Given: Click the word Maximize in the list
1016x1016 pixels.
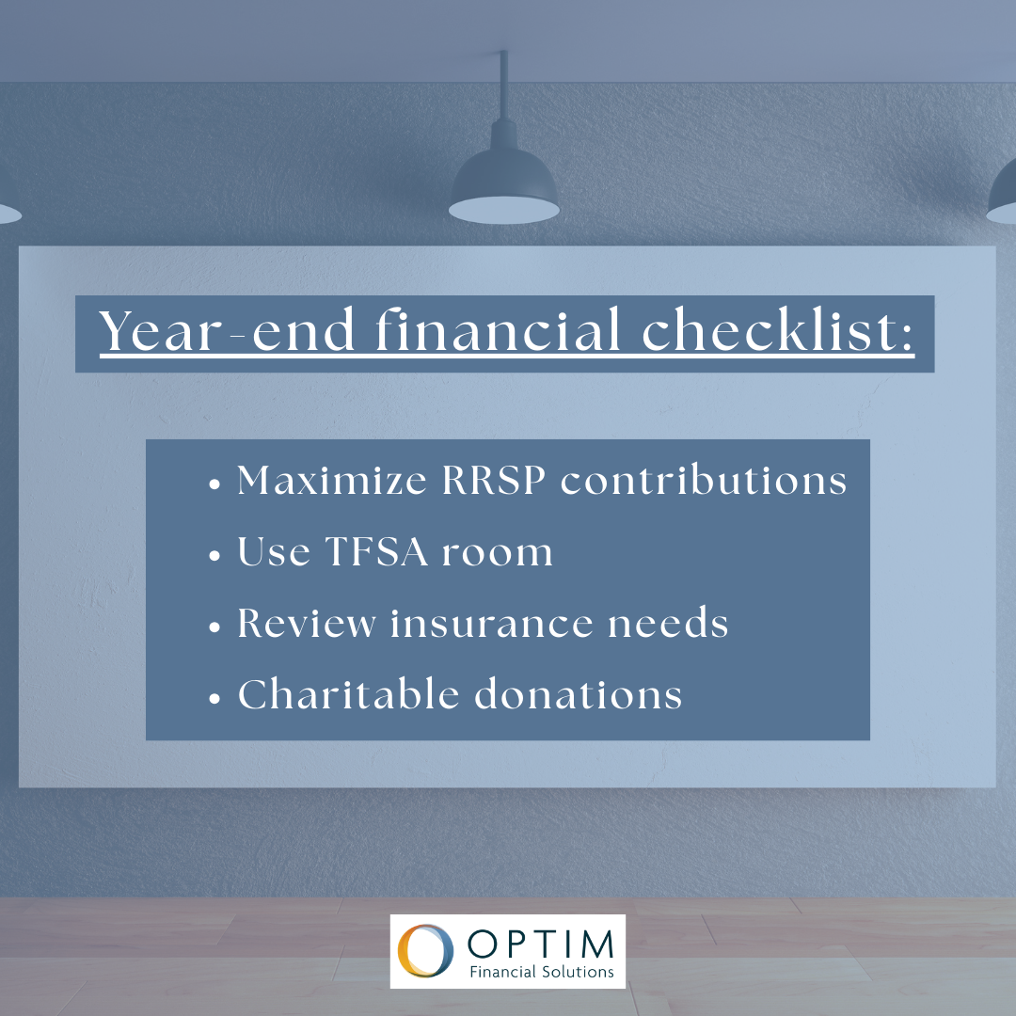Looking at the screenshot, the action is click(x=332, y=480).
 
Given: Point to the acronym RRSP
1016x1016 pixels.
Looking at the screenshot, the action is click(x=494, y=480).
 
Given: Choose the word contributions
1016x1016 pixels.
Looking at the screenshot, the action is click(x=704, y=480).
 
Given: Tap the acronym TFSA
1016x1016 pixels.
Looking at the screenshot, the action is click(x=376, y=551).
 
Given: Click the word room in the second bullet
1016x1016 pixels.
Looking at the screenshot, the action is click(x=498, y=555).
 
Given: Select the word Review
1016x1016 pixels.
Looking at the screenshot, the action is click(x=307, y=624).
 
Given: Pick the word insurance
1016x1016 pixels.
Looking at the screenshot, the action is click(x=492, y=623).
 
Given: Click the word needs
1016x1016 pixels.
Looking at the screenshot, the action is click(x=668, y=623).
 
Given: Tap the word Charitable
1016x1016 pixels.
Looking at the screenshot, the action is click(x=349, y=694).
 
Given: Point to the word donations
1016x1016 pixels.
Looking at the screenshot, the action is click(x=579, y=694).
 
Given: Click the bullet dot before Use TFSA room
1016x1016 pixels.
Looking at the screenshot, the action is click(x=215, y=556).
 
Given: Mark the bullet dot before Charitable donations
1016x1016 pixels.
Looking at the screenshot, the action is click(x=215, y=698).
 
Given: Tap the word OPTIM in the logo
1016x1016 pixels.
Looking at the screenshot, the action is click(x=540, y=944).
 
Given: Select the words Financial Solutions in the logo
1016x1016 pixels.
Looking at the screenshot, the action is click(x=542, y=972).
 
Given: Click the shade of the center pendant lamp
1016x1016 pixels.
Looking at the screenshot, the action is click(x=504, y=188).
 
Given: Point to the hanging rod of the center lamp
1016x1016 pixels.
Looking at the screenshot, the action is click(x=503, y=85).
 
